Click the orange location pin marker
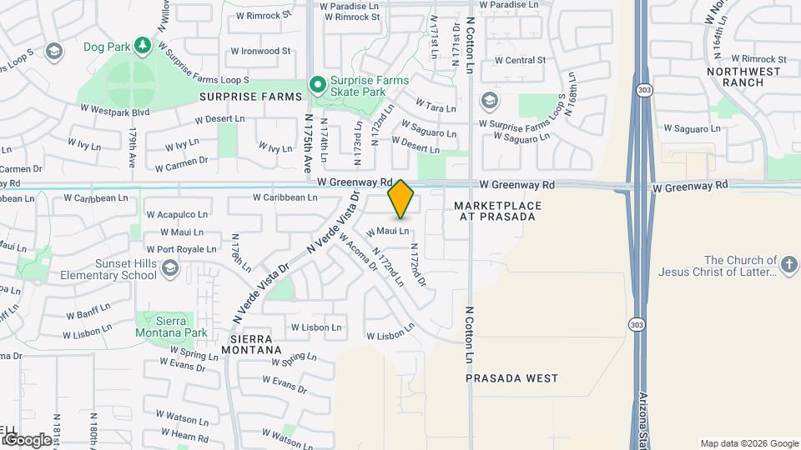[x=400, y=198]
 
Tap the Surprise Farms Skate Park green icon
[x=317, y=84]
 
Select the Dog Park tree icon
[x=143, y=45]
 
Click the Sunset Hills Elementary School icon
[x=170, y=267]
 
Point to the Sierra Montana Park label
[x=171, y=326]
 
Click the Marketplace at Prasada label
[x=497, y=211]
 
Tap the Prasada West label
[x=511, y=378]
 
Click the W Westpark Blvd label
[x=114, y=108]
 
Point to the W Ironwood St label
[x=260, y=51]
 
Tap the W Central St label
[x=519, y=60]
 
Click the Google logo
[x=26, y=439]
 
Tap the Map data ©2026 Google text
[x=748, y=443]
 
